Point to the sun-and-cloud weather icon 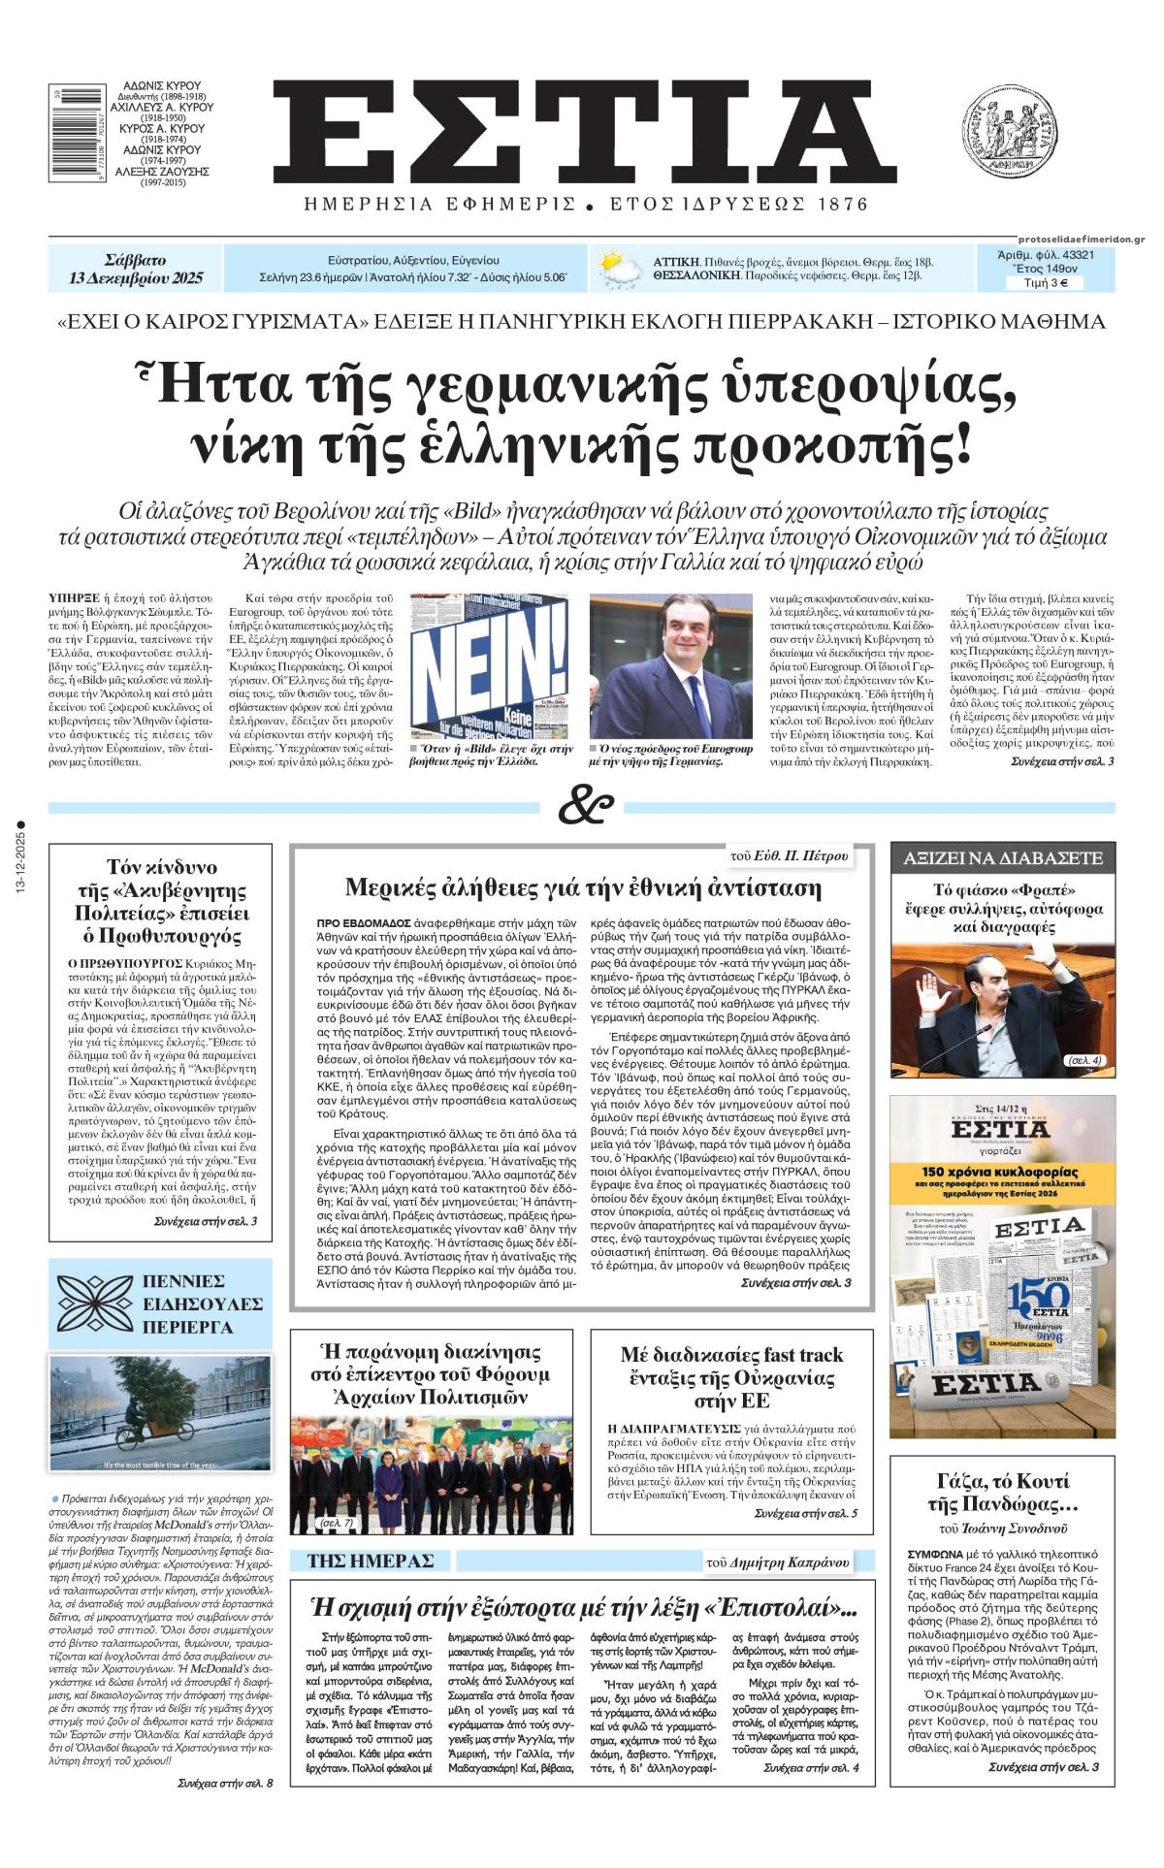point(619,269)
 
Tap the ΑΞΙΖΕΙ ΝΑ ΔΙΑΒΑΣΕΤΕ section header point(1003,858)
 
